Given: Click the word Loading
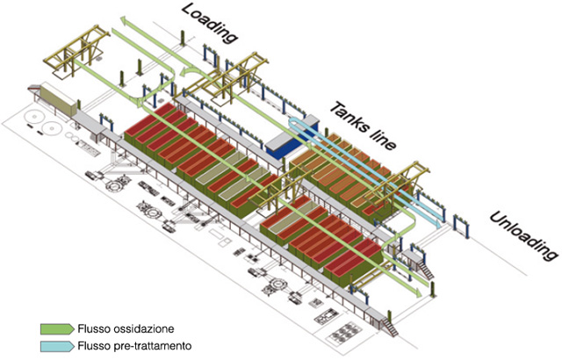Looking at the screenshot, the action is (x=209, y=23).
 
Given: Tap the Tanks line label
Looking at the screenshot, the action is (x=363, y=126).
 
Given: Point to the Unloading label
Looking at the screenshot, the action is (x=523, y=236).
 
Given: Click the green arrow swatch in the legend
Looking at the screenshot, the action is (x=57, y=329).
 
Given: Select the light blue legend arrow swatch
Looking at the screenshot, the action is (x=57, y=346).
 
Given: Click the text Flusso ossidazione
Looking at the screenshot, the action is (x=126, y=329).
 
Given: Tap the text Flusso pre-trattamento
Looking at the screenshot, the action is (x=134, y=346).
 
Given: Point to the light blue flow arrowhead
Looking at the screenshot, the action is (x=438, y=223).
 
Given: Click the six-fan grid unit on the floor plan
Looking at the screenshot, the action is (x=344, y=335).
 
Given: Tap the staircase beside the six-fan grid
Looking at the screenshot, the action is (x=390, y=325).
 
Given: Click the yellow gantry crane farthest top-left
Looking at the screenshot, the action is (x=76, y=50).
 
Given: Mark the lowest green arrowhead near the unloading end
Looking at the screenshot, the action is (x=418, y=292).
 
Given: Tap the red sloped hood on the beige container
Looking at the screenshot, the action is (x=33, y=87).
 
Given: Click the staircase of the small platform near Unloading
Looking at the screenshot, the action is (x=426, y=270).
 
